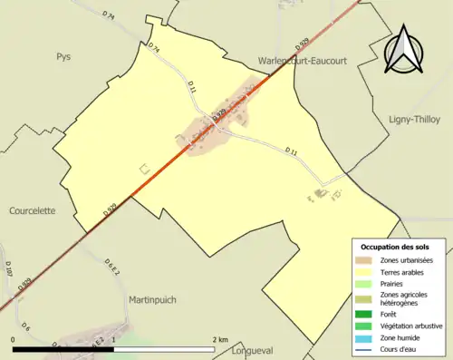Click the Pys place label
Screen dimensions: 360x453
point(63,56)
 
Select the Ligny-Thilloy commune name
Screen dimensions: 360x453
point(412,119)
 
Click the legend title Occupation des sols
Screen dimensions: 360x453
point(395,247)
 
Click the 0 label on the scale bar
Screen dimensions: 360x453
point(14,339)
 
